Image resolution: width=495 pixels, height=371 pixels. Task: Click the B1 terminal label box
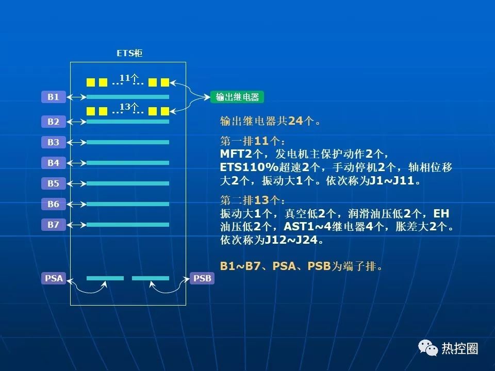(x=54, y=97)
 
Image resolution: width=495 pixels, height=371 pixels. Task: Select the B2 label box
(x=54, y=122)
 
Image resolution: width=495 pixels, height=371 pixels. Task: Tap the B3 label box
(x=54, y=142)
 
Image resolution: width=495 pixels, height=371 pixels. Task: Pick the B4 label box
(x=54, y=163)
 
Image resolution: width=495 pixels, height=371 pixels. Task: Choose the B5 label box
(x=54, y=183)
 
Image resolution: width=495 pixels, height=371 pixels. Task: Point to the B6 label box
(x=54, y=204)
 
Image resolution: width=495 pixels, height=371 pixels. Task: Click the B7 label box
(x=54, y=225)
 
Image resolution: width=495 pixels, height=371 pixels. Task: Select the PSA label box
(x=54, y=278)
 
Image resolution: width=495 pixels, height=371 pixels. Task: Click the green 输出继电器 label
(x=237, y=97)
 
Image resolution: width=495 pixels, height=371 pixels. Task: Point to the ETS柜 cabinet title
(x=129, y=53)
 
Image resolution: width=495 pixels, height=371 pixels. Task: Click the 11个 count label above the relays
(x=129, y=78)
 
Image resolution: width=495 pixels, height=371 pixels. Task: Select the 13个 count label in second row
(x=129, y=107)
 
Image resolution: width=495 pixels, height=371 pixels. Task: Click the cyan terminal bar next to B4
(x=128, y=163)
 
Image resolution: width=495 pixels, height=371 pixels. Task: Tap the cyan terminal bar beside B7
(x=128, y=225)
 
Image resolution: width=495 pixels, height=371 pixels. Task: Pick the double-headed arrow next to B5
(x=77, y=183)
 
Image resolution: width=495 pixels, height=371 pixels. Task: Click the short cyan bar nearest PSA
(x=105, y=278)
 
